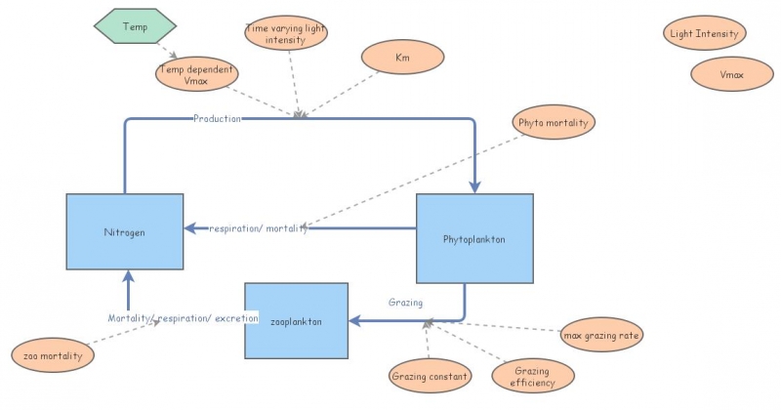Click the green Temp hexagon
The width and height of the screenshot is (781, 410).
pos(135,26)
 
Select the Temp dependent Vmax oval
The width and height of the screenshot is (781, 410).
pos(196,74)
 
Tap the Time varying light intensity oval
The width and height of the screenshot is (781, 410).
pos(285,33)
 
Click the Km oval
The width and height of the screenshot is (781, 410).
pos(402,58)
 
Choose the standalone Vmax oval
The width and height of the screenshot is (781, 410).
pos(731,74)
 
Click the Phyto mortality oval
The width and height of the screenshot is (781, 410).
pos(553,123)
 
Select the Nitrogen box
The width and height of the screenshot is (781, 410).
pos(124,231)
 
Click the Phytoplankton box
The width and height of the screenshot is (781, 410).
pos(474,238)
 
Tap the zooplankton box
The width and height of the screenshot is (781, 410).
pos(296,320)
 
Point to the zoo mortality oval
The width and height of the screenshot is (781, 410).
pos(54,356)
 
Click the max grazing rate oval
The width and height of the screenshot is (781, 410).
pos(602,336)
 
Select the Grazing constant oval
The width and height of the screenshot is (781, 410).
pos(431,376)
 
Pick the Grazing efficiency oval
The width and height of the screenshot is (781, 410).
pos(532,377)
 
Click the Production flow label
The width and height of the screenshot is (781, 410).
pos(217,118)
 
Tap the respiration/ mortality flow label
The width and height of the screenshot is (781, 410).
pos(258,228)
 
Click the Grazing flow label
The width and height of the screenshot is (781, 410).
pos(405,303)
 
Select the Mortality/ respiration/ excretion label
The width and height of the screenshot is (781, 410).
pos(183,318)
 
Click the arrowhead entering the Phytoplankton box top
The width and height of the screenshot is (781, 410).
pos(475,187)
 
